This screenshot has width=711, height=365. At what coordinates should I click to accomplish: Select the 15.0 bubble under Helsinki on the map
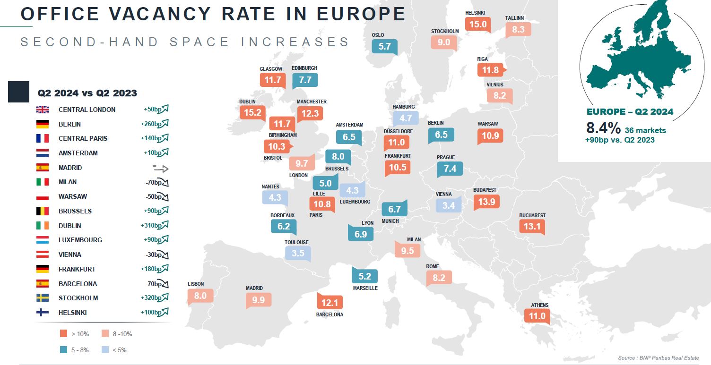[477, 24]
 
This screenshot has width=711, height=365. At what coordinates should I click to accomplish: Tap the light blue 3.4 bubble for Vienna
[448, 205]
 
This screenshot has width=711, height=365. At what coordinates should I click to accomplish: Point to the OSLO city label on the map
[378, 35]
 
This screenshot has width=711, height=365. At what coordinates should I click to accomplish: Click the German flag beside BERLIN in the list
[43, 124]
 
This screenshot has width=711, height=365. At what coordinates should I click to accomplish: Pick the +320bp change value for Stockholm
[151, 298]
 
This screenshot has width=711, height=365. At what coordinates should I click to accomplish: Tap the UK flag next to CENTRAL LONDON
[43, 110]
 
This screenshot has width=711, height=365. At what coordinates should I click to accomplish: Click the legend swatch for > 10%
[63, 334]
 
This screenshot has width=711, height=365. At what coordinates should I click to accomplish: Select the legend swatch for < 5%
[105, 350]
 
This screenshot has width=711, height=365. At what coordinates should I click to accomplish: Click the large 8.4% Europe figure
[603, 128]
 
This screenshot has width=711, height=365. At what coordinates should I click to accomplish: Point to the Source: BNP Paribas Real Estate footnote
[658, 357]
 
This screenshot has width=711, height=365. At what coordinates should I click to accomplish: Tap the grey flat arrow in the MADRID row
[161, 168]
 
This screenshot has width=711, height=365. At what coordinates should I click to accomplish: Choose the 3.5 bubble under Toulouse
[298, 253]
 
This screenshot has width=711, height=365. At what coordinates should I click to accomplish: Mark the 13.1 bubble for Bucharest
[532, 226]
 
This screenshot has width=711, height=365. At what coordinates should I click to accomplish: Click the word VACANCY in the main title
[157, 14]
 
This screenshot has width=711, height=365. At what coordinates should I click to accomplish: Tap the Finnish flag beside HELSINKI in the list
[43, 313]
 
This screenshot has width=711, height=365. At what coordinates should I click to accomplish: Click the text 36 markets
[645, 130]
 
